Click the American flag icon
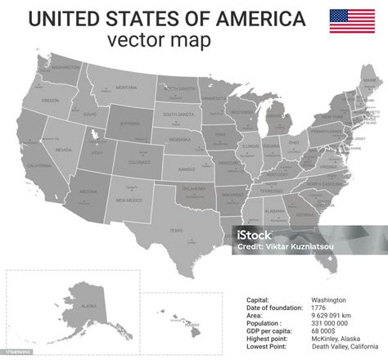click(x=352, y=21)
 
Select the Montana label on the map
click(x=126, y=87)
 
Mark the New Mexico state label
click(x=129, y=200)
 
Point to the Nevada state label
click(x=65, y=150)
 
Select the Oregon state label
click(x=51, y=100)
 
